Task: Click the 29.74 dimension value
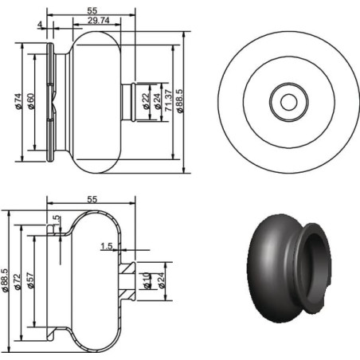click(98, 20)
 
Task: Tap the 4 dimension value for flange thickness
click(40, 25)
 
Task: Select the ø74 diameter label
click(18, 101)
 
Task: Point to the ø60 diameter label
click(31, 101)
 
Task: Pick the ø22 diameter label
click(146, 101)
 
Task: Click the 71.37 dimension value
click(168, 100)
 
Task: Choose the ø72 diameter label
click(18, 282)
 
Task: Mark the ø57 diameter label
click(30, 280)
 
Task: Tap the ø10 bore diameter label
click(147, 280)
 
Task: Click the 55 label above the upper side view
click(92, 10)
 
